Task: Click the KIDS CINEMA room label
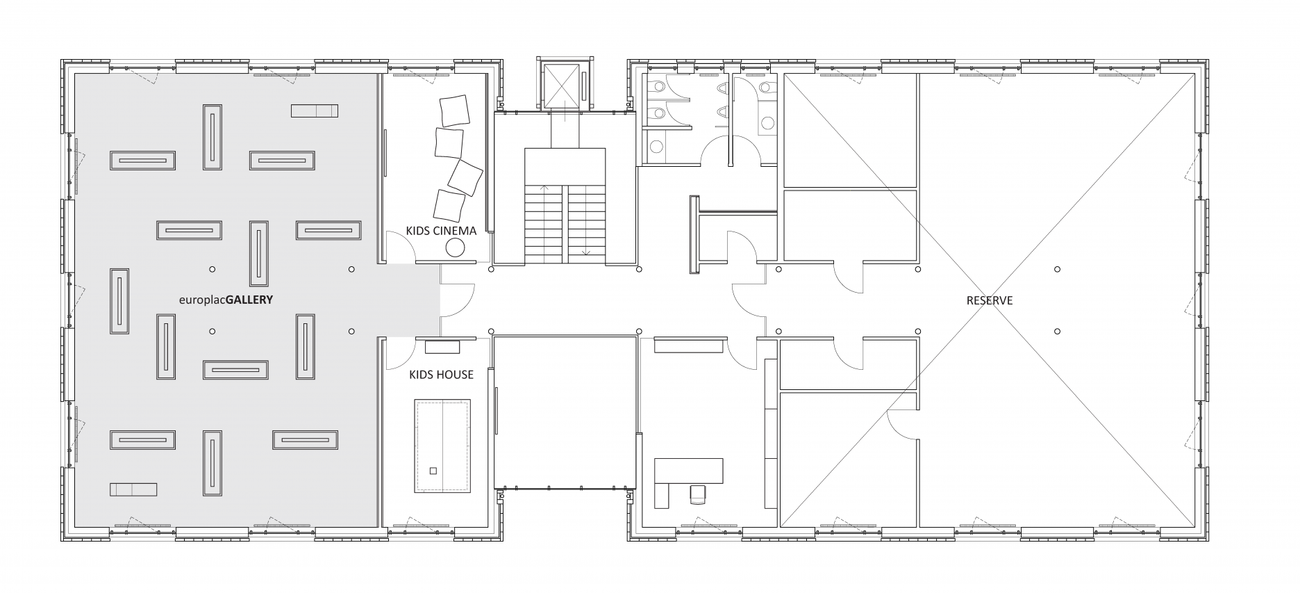(x=441, y=231)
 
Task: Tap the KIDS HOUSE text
(x=441, y=375)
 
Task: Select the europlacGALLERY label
(x=226, y=301)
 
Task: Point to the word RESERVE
(x=990, y=300)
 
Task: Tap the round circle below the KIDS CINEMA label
(x=456, y=248)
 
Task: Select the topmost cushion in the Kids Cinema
(x=455, y=111)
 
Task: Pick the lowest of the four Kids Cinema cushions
(x=449, y=205)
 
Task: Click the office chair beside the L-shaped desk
(x=698, y=494)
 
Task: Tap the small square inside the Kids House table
(x=433, y=471)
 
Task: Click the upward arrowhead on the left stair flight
(x=544, y=188)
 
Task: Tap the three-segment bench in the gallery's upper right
(x=314, y=111)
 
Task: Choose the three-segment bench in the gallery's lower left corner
(x=133, y=489)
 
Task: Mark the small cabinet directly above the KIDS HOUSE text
(x=439, y=346)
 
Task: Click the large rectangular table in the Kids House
(x=443, y=446)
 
